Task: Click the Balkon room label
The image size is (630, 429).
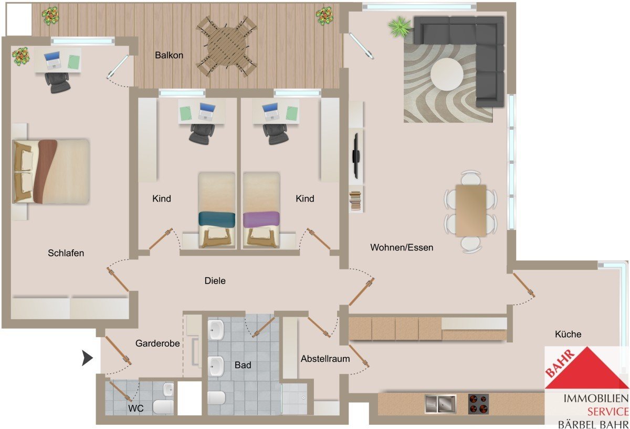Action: [x=169, y=55]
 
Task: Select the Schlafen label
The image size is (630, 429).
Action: [x=66, y=253]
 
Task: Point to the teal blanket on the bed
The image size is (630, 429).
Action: [x=217, y=218]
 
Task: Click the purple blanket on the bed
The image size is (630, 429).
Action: [x=261, y=219]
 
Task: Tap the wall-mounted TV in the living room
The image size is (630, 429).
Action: [x=356, y=156]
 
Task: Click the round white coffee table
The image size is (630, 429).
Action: [x=447, y=74]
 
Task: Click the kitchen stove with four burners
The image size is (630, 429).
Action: [x=478, y=404]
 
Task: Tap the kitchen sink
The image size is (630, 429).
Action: [x=440, y=404]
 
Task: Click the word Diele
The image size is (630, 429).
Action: [x=215, y=281]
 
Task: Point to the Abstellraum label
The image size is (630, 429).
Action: [x=325, y=359]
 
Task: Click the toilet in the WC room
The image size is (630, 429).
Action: [x=163, y=407]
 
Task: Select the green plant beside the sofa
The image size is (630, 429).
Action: [x=400, y=26]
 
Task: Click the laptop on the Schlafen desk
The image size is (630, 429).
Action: [x=52, y=60]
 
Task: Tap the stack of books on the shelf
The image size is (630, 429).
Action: [x=355, y=200]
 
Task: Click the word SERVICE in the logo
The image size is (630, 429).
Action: [x=608, y=412]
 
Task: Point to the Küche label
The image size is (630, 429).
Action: [x=568, y=334]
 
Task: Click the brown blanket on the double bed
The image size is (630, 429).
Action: [x=45, y=171]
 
